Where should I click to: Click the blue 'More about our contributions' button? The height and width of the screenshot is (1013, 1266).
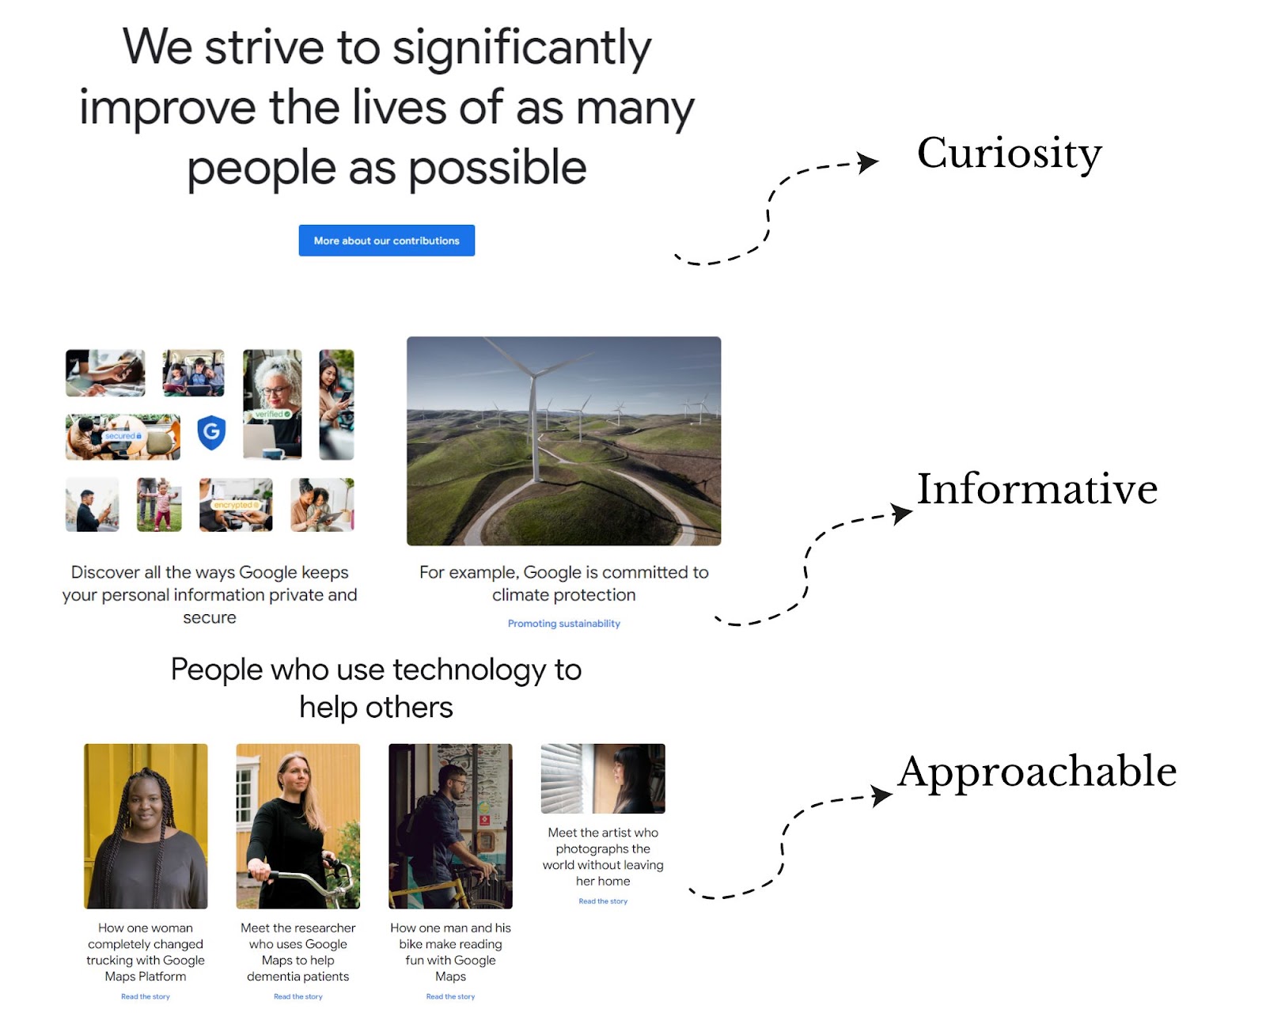[386, 240]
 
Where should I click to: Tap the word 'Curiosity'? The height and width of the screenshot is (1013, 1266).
[1009, 154]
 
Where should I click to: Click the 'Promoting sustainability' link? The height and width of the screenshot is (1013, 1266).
[563, 624]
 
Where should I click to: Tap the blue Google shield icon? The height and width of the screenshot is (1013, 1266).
[211, 432]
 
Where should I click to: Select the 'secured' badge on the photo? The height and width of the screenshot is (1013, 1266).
[123, 436]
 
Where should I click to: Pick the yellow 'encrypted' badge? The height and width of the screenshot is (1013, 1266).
[236, 505]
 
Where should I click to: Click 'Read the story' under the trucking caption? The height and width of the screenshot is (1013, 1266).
[146, 996]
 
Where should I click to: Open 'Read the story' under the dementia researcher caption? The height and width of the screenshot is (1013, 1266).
[298, 996]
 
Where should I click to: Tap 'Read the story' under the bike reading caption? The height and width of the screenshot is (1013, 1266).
[450, 996]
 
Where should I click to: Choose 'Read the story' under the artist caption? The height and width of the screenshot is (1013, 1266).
[603, 901]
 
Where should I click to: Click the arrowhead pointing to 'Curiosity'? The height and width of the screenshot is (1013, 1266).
[867, 162]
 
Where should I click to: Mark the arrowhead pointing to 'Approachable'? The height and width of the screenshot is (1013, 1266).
[881, 795]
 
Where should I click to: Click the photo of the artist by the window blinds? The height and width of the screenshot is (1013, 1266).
[603, 778]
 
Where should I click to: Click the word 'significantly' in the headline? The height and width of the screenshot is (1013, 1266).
[521, 50]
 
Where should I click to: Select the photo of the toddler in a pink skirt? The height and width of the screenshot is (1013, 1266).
[159, 504]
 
